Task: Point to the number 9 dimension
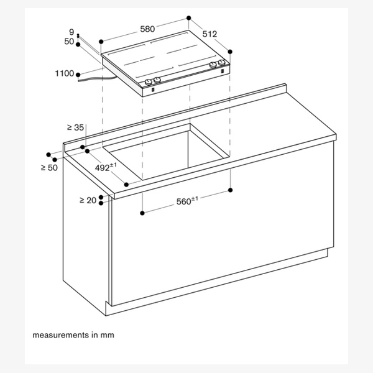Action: tap(71, 32)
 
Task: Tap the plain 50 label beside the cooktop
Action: tap(70, 41)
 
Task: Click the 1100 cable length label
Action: tap(64, 73)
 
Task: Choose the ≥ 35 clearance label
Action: tap(75, 127)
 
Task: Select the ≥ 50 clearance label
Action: tap(48, 168)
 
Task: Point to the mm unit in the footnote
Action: tap(108, 335)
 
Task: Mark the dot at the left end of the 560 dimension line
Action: tap(143, 213)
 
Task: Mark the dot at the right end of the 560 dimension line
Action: tap(231, 189)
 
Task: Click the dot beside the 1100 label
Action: tap(78, 73)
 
